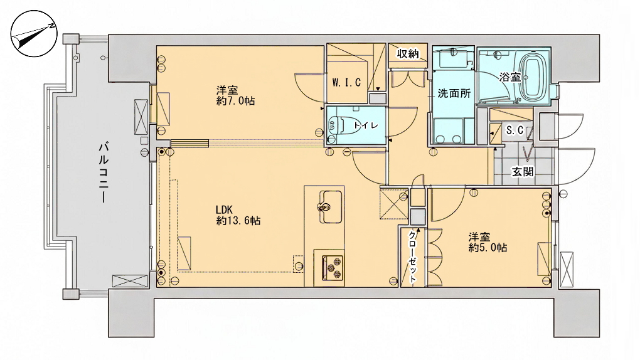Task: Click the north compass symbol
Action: [x=34, y=33]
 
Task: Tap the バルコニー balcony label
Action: [x=104, y=172]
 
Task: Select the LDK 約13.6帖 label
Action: [x=238, y=215]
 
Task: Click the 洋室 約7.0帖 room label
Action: [x=235, y=95]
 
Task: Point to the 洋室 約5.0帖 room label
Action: [x=488, y=242]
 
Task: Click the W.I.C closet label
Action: [x=346, y=82]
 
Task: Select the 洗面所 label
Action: [x=454, y=93]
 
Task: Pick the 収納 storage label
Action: [x=408, y=53]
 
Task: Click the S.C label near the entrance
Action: [x=515, y=130]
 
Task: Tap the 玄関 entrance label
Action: [x=523, y=171]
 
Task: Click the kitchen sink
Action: [x=330, y=207]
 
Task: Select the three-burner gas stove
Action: [x=333, y=268]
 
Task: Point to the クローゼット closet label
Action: [x=413, y=257]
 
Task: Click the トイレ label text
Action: [x=366, y=125]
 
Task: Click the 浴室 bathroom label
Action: [x=509, y=77]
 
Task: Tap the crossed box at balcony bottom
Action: [x=131, y=281]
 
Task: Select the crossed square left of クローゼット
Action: [x=394, y=204]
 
